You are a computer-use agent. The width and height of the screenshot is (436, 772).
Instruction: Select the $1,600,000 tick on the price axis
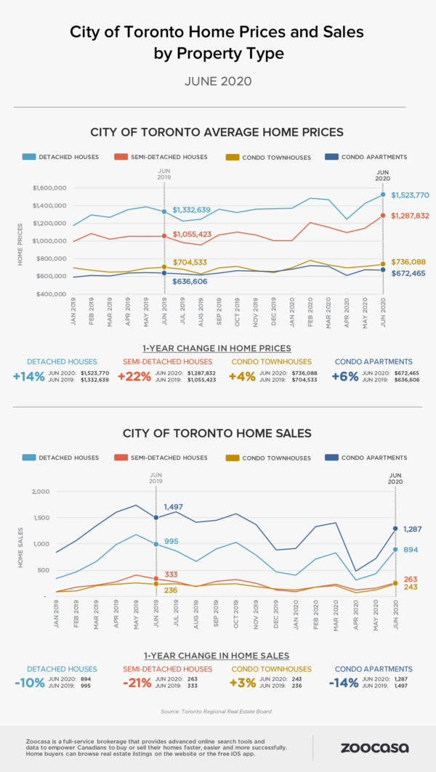point(50,188)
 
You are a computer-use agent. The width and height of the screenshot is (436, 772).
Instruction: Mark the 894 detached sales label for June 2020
point(411,550)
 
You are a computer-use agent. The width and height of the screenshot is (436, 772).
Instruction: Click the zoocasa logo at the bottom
point(374,747)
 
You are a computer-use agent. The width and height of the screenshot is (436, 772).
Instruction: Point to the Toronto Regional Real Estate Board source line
point(217,711)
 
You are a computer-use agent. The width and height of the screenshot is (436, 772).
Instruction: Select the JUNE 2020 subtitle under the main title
point(217,81)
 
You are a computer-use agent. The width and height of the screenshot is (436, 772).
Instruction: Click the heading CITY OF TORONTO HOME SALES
point(217,433)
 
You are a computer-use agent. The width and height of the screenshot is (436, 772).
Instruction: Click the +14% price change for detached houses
point(27,376)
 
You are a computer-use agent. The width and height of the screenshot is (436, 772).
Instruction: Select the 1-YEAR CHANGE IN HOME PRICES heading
point(217,348)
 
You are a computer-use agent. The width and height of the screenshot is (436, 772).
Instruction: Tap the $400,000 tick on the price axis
point(50,294)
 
